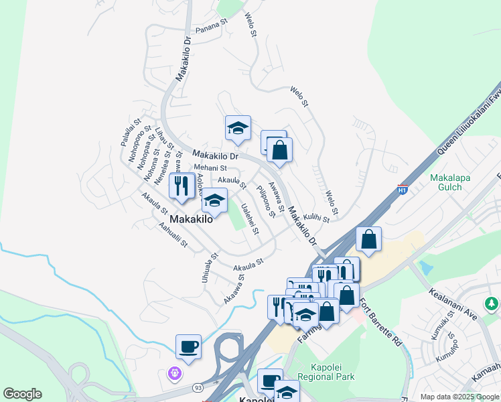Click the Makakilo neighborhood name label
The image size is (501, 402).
(191, 219)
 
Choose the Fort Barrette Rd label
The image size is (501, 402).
(381, 322)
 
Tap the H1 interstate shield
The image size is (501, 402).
(403, 189)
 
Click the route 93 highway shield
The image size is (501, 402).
(198, 387)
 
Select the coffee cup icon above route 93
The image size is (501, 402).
(188, 347)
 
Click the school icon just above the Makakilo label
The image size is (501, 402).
(214, 200)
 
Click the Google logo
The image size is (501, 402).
(22, 394)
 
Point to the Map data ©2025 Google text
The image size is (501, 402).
(459, 397)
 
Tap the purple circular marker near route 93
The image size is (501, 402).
(176, 373)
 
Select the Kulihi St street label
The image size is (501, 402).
(316, 218)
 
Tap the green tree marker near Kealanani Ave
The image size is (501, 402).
(492, 304)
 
